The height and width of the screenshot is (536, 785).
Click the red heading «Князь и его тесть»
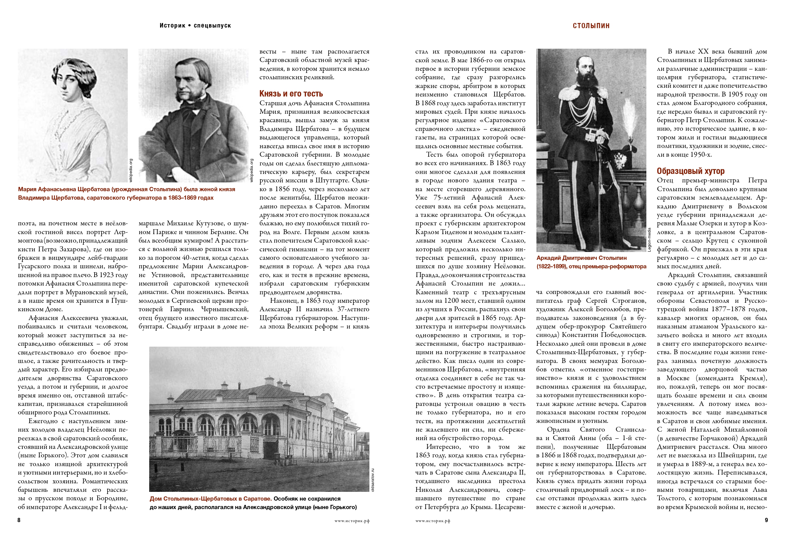[x=291, y=94]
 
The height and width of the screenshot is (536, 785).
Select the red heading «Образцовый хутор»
[x=690, y=171]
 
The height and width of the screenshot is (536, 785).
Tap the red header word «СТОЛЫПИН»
[x=591, y=26]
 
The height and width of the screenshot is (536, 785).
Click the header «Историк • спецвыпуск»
[x=195, y=26]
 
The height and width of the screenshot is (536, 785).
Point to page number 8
[x=19, y=520]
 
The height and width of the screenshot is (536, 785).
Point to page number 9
[x=766, y=520]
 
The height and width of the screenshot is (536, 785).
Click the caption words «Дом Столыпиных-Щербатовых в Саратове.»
[x=211, y=498]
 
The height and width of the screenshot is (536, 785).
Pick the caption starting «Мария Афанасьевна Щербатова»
[x=126, y=189]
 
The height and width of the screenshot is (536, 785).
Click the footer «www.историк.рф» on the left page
[x=352, y=521]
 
